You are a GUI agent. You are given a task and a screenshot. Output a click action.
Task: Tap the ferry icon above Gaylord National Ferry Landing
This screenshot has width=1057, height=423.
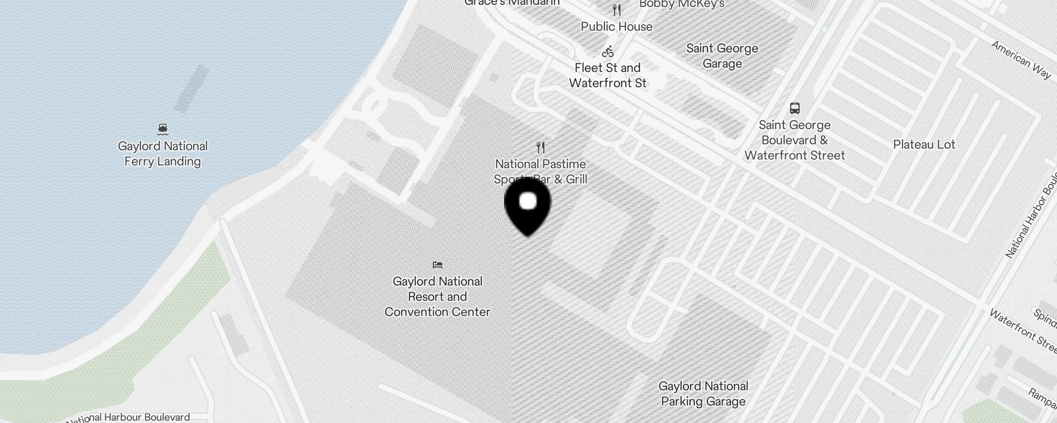pos(163,129)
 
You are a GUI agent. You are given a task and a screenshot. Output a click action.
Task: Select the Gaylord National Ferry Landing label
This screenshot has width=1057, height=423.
pos(163,154)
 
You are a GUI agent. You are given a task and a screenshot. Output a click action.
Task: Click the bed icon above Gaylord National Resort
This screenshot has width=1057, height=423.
pos(438,265)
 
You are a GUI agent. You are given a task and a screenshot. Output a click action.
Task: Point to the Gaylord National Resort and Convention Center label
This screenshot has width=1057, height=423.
pos(438,297)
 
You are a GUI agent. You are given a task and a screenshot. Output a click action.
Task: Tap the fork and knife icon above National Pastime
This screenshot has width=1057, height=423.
pos(541,147)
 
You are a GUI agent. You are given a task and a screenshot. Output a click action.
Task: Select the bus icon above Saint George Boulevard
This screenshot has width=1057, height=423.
pos(795,108)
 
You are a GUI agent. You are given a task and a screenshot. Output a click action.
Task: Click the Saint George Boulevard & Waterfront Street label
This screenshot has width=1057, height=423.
pos(795,140)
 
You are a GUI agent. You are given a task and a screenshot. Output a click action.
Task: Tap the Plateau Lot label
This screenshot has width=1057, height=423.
pos(924,144)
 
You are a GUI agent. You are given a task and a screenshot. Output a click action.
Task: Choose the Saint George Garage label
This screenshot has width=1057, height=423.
pos(722,56)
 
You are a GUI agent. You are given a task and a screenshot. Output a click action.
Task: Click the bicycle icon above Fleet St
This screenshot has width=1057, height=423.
pos(608,51)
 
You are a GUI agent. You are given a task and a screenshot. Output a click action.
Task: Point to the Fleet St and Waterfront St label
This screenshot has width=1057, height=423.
pos(608,76)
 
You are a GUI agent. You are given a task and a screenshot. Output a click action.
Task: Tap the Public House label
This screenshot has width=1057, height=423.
pos(617,26)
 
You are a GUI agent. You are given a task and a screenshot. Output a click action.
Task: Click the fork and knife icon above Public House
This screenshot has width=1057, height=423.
pos(617,10)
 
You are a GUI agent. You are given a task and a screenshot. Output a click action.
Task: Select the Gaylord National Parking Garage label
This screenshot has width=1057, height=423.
pos(703,394)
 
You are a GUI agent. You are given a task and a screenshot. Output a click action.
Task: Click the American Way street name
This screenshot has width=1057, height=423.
pos(1021,60)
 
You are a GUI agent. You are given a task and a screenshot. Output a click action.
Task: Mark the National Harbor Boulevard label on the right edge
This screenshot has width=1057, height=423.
pos(1031,217)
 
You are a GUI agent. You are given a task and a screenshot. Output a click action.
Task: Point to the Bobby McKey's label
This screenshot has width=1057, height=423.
pos(682,4)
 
